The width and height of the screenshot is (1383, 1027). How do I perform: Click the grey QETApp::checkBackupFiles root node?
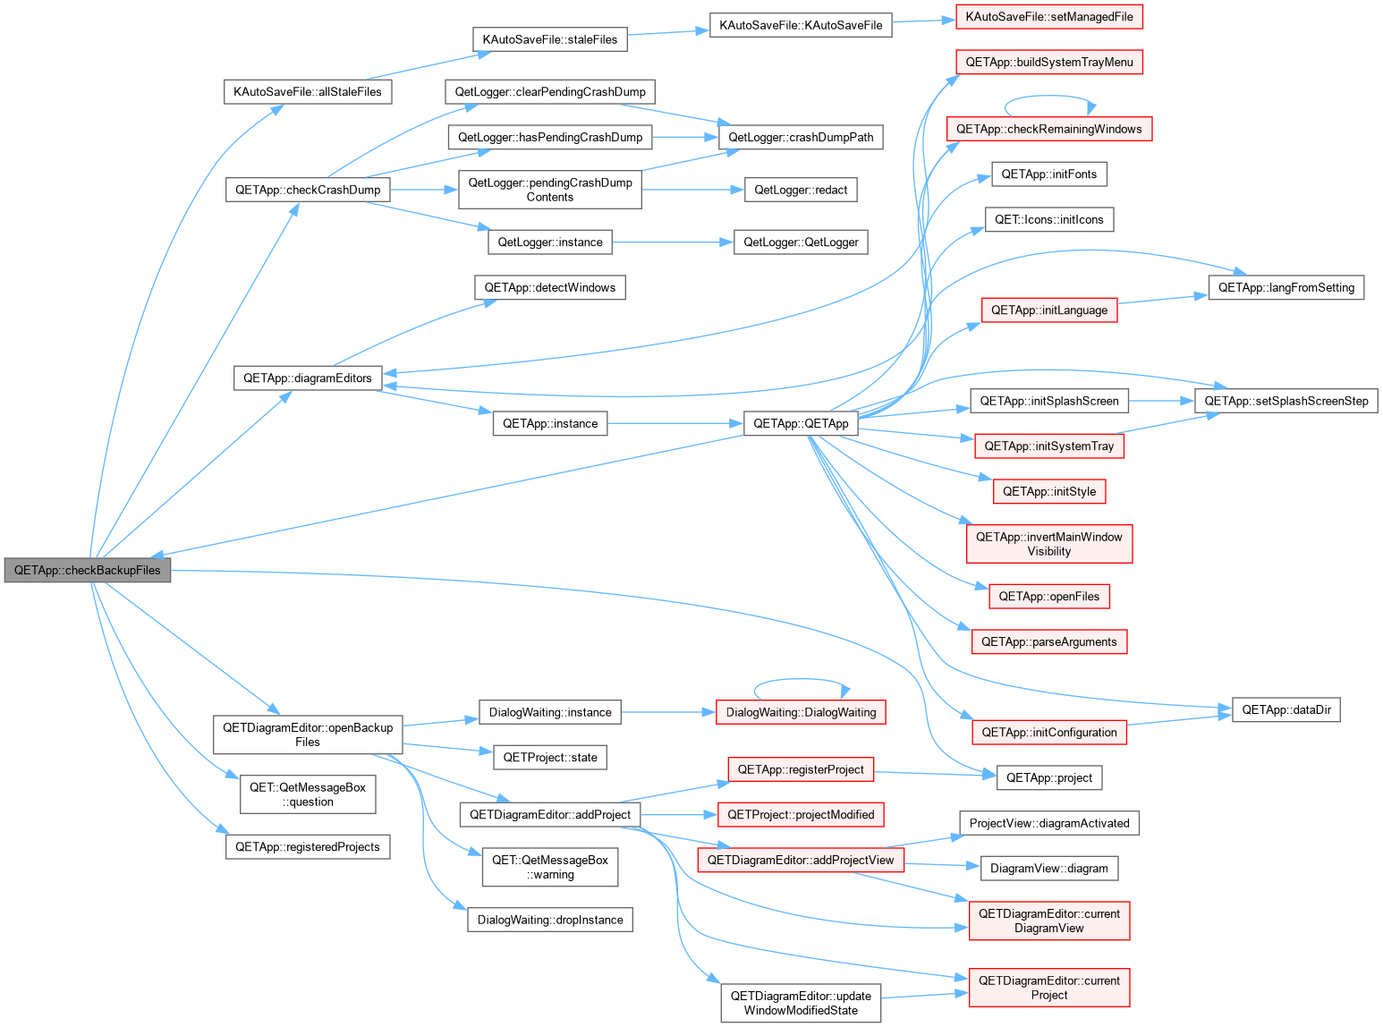tap(88, 570)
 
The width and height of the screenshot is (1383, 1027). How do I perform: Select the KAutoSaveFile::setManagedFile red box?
tap(1048, 17)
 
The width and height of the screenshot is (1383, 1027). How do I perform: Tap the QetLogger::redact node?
tap(801, 190)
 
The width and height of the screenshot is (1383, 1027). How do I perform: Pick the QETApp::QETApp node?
tap(801, 423)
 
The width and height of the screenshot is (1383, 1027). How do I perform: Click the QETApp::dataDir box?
tap(1285, 709)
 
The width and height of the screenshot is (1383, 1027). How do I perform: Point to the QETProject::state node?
tap(550, 758)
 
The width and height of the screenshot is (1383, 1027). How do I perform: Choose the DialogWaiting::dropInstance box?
tap(550, 920)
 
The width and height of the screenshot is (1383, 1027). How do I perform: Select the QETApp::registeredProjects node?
tap(308, 847)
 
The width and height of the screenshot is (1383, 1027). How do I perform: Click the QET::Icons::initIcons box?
tap(1048, 219)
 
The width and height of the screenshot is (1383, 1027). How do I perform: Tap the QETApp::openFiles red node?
tap(1048, 596)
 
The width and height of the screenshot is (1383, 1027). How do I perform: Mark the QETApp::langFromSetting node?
tap(1285, 287)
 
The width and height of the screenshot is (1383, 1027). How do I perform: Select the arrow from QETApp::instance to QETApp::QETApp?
tap(675, 423)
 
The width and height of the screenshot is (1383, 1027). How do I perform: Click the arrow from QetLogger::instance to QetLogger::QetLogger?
tap(673, 242)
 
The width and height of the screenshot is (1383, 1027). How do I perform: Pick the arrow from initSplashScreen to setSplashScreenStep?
tap(1161, 401)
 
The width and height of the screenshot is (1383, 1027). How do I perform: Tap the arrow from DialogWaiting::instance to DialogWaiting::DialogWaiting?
tap(668, 712)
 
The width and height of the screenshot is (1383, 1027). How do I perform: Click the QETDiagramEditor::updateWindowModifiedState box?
tap(801, 1003)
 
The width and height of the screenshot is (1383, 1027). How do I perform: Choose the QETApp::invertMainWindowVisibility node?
tap(1048, 544)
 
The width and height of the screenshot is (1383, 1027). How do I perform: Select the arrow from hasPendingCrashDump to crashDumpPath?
tap(685, 137)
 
